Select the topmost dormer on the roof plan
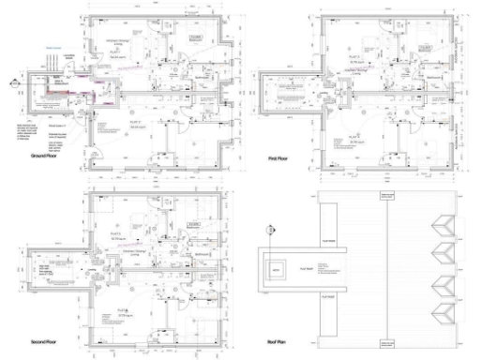(x=442, y=223)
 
